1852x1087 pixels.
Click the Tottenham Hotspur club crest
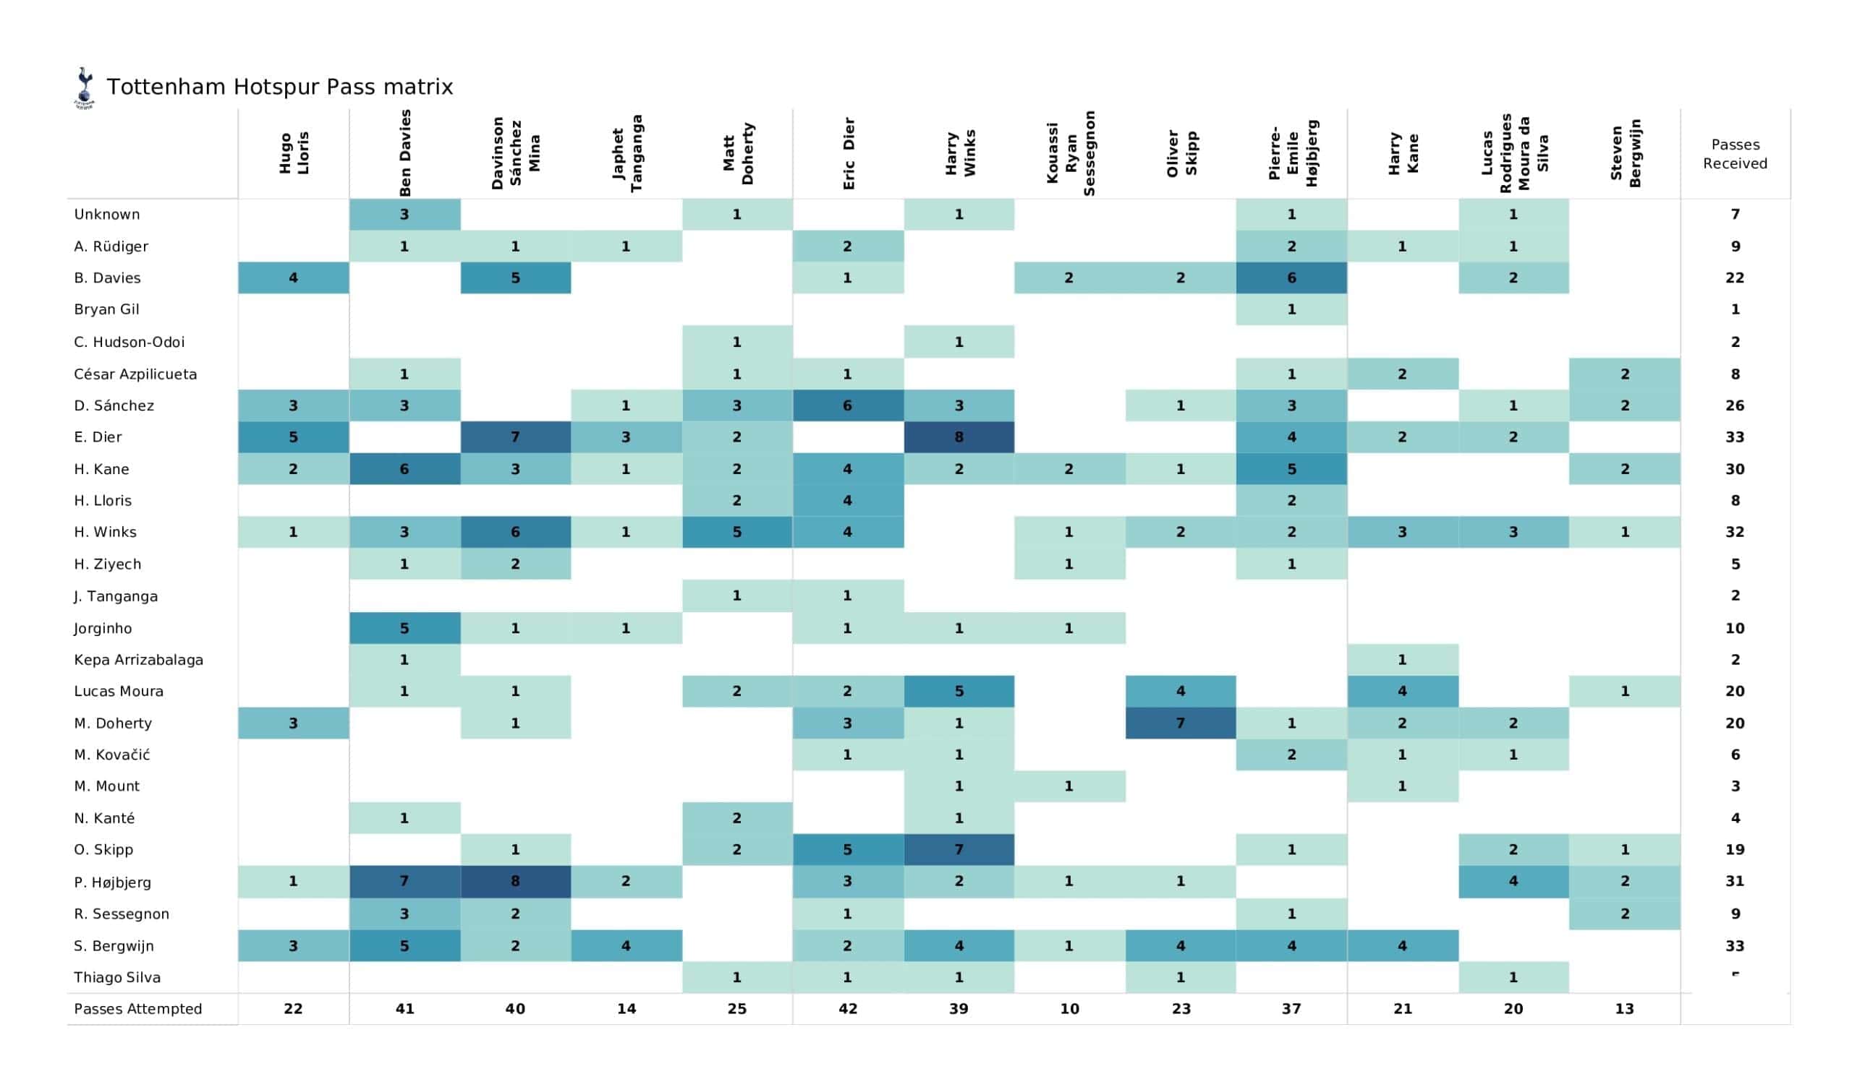(x=85, y=88)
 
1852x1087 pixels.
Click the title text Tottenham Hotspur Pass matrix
(x=279, y=87)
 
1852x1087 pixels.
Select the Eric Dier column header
(x=848, y=153)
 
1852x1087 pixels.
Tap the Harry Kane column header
(x=1402, y=153)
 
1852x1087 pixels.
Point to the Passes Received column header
(x=1734, y=153)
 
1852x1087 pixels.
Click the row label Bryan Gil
(x=106, y=309)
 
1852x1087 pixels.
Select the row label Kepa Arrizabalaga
(x=138, y=660)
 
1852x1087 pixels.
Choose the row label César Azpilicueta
(x=135, y=374)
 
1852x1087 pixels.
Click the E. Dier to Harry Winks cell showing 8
(x=959, y=437)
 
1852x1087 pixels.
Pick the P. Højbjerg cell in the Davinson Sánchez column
(x=515, y=881)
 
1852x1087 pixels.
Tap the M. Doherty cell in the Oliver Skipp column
(x=1180, y=723)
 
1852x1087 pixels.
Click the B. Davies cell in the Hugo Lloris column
(x=293, y=278)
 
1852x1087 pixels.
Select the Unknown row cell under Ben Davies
(x=404, y=215)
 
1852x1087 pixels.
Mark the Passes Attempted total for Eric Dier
(x=848, y=1008)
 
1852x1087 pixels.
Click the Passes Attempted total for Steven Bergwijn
(x=1624, y=1008)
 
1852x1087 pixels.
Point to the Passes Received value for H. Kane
(x=1734, y=468)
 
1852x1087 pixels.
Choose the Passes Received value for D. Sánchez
(x=1734, y=405)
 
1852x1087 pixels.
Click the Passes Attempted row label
(x=137, y=1008)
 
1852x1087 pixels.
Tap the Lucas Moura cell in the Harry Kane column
(x=1402, y=691)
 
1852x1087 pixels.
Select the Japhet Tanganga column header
(x=626, y=153)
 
